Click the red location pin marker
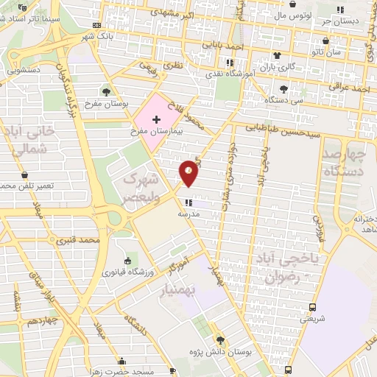[189, 172]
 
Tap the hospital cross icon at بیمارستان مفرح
[156, 119]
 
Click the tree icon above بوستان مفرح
[108, 92]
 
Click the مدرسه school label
[189, 214]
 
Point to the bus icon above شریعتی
[314, 308]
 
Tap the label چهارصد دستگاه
[344, 163]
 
